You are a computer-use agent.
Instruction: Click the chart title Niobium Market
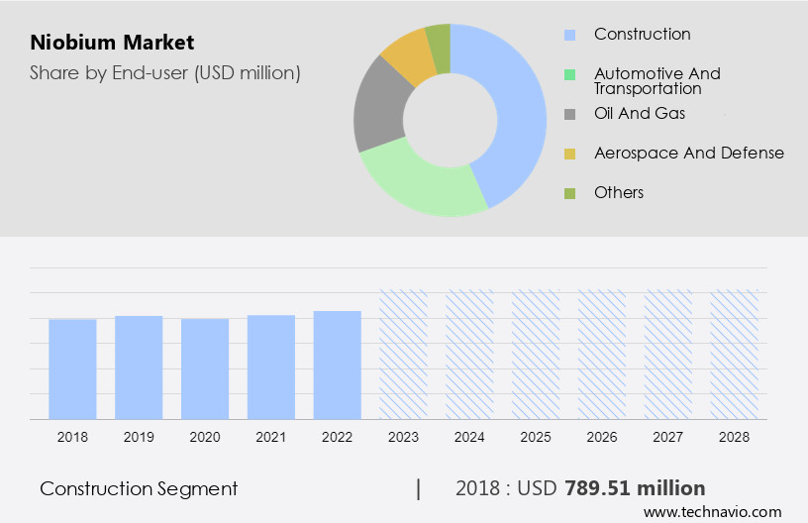tap(112, 43)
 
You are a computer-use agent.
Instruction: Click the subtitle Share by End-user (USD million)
tap(164, 72)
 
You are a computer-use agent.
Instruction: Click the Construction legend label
tap(642, 35)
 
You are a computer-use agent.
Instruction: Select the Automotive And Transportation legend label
tap(656, 81)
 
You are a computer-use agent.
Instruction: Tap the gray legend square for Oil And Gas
tap(569, 114)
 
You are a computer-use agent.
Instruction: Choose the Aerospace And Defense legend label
tap(688, 153)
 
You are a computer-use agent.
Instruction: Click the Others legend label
tap(619, 192)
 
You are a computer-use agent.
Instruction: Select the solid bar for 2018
tap(72, 368)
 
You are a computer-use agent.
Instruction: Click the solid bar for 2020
tap(205, 368)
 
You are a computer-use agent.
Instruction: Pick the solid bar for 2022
tap(338, 365)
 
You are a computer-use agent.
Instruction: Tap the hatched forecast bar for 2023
tap(404, 354)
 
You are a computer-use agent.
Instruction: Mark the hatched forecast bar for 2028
tap(735, 354)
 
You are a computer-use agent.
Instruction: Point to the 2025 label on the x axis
tap(536, 436)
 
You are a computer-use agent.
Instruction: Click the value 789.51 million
tap(635, 488)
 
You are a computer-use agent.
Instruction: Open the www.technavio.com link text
tap(712, 511)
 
